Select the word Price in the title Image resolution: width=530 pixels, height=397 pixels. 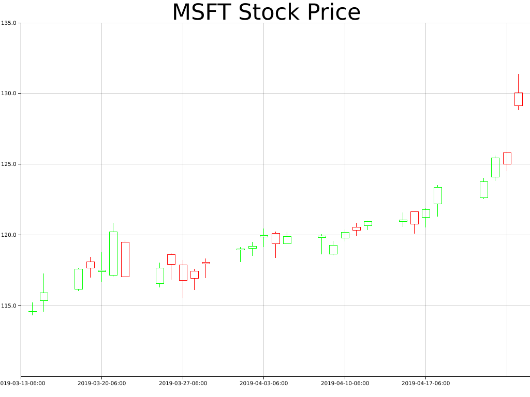(332, 12)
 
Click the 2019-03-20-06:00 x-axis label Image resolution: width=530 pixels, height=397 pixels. (101, 384)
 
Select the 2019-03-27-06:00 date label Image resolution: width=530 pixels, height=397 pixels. (183, 384)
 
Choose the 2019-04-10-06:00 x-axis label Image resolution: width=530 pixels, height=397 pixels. (345, 384)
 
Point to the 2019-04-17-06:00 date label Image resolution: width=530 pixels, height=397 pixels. (425, 384)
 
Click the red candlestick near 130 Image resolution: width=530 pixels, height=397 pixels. (518, 99)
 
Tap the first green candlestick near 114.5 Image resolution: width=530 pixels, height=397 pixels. (32, 312)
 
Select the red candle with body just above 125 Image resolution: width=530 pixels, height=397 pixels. (507, 158)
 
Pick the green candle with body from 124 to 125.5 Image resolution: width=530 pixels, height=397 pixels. (495, 167)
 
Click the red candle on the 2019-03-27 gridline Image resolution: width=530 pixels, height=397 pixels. (183, 272)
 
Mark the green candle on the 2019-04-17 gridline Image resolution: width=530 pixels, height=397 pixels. (425, 213)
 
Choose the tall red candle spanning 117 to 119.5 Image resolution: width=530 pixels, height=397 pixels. (125, 259)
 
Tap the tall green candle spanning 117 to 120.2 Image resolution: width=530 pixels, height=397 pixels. (113, 253)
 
